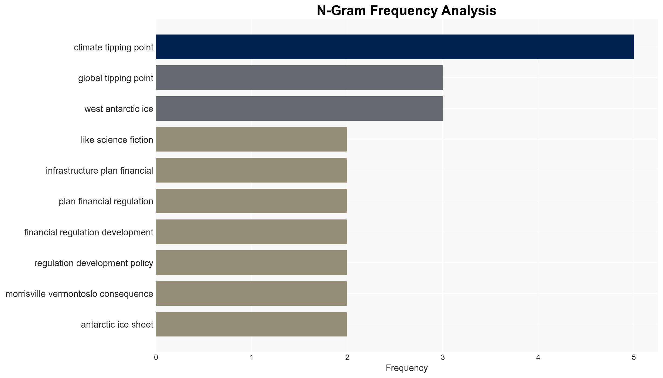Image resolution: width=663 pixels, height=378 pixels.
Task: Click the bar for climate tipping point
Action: [x=395, y=47]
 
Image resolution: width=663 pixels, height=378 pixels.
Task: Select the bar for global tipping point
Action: [x=299, y=78]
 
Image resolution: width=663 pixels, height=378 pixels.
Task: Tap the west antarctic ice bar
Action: [x=299, y=108]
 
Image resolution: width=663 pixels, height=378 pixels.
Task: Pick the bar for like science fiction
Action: [x=252, y=139]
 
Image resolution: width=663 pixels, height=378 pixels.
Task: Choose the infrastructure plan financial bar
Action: [x=252, y=170]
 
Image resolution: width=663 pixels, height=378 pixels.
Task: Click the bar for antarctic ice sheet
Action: [x=252, y=324]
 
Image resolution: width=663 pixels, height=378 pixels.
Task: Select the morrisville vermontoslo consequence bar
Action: [x=252, y=293]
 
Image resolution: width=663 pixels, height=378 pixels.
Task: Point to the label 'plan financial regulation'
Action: [x=106, y=201]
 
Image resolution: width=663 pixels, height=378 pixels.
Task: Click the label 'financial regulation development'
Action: [x=89, y=232]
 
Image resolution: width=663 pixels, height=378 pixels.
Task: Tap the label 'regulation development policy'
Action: [x=94, y=263]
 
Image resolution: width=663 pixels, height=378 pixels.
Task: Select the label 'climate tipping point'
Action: [x=114, y=47]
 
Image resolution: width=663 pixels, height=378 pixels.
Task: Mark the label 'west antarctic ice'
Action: [x=119, y=109]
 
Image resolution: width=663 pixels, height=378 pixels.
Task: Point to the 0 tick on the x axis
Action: [x=156, y=358]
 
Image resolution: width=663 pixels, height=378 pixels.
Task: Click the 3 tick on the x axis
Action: [x=443, y=358]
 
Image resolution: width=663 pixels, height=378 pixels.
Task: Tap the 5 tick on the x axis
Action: [x=634, y=358]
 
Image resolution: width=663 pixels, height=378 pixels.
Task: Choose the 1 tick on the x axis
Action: [x=252, y=358]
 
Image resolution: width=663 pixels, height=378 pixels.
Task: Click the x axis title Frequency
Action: [x=407, y=368]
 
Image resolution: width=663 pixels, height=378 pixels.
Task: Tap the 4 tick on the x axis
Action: [x=538, y=358]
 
